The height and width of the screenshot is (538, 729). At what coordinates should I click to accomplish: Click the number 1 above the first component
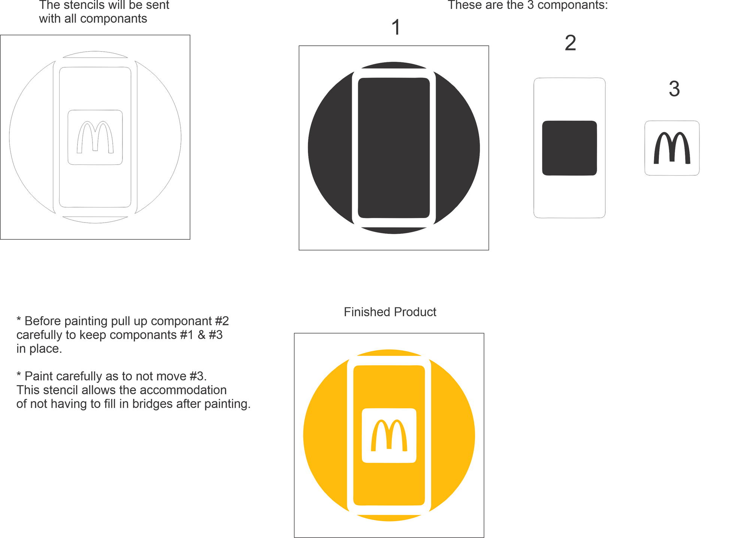[x=396, y=28]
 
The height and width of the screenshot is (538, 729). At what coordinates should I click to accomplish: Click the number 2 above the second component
[x=570, y=43]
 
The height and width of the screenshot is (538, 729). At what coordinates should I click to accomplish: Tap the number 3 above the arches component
[x=674, y=89]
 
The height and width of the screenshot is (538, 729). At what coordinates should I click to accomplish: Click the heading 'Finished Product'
[x=390, y=312]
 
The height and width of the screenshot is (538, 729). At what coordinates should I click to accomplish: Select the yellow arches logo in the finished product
[x=389, y=435]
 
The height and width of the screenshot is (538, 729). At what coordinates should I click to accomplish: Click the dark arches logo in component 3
[x=672, y=148]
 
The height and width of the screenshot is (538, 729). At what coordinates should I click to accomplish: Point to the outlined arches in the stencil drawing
[x=95, y=137]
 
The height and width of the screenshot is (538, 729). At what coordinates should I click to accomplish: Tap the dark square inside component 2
[x=569, y=148]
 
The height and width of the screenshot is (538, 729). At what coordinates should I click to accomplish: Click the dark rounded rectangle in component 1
[x=394, y=148]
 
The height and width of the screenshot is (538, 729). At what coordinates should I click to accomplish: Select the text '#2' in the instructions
[x=221, y=321]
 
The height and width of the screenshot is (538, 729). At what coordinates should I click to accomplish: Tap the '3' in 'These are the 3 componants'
[x=530, y=5]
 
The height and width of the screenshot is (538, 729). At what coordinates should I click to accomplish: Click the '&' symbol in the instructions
[x=202, y=335]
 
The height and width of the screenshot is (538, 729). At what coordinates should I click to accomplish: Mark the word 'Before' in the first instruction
[x=43, y=321]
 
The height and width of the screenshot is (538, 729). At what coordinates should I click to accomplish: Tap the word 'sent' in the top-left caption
[x=158, y=5]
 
